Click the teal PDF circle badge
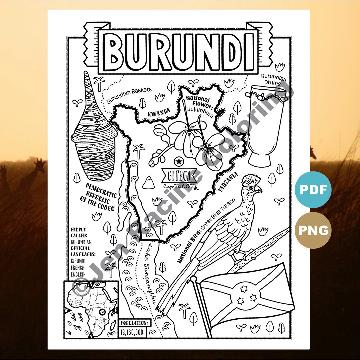[x=313, y=190]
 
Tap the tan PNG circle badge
[x=313, y=230]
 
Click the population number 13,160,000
[x=133, y=332]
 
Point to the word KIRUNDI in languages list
[x=78, y=261]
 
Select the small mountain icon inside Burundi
[x=148, y=183]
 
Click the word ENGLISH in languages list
[x=78, y=274]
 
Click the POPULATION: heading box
[x=134, y=323]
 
